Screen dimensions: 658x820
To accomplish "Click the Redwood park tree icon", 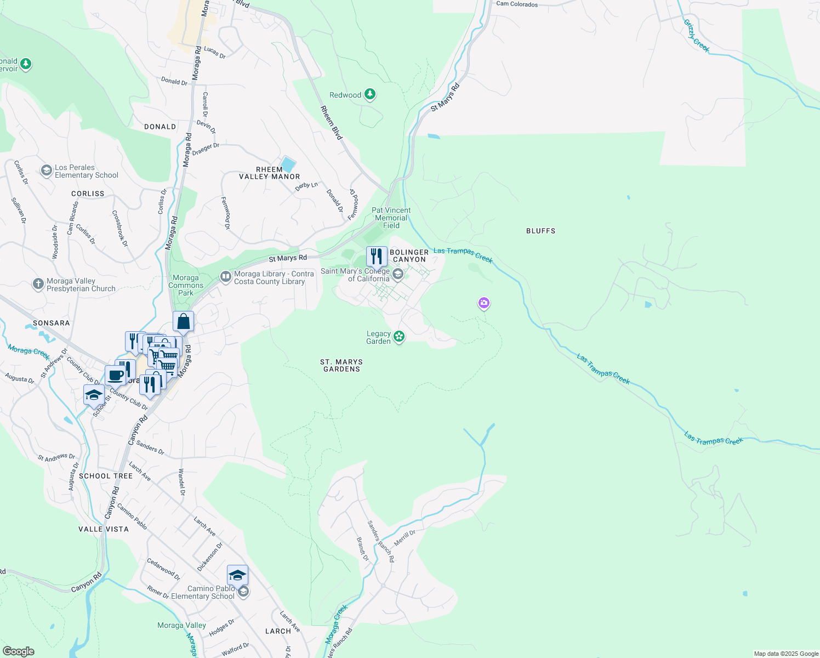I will click(x=370, y=95).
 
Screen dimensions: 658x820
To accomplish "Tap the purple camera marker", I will click(x=483, y=303).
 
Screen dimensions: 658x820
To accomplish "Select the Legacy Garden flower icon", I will click(x=399, y=337).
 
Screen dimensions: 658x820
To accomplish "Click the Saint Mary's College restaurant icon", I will click(x=377, y=256).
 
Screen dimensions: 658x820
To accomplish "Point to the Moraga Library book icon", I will click(x=225, y=277).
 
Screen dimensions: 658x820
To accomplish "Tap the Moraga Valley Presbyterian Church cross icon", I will click(x=38, y=284).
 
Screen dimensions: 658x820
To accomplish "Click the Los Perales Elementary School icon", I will click(x=47, y=171).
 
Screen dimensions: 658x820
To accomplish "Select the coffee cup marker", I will click(x=116, y=376).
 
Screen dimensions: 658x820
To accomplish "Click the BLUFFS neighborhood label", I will click(x=540, y=231).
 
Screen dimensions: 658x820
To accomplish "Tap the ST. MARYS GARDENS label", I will click(x=341, y=366).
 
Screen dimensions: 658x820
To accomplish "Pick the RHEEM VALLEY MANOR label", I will click(x=269, y=173).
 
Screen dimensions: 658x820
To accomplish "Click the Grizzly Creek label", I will click(x=697, y=36).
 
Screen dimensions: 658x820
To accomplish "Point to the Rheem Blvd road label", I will click(x=331, y=122).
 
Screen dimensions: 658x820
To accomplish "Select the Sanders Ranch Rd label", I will click(x=380, y=542).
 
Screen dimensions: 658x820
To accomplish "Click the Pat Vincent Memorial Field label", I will click(x=391, y=218).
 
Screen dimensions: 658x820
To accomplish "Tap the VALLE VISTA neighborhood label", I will click(x=104, y=529).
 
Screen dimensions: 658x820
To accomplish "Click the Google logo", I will click(x=19, y=651).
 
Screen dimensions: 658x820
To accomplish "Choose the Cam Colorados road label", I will click(x=517, y=4).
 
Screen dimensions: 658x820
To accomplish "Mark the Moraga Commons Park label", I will click(x=186, y=285).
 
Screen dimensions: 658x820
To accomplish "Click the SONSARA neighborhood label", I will click(x=52, y=323).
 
